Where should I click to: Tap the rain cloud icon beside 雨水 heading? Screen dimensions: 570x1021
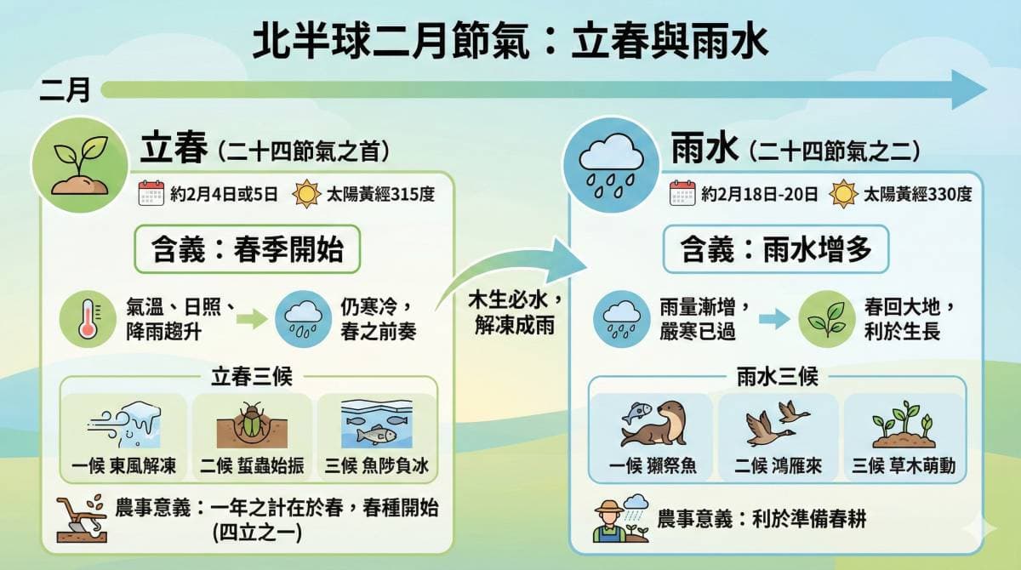[x=609, y=162]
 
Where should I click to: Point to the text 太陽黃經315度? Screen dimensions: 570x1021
[x=381, y=195]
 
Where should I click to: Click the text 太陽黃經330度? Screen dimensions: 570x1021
[x=917, y=195]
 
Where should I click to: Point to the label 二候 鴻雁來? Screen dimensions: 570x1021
[x=776, y=465]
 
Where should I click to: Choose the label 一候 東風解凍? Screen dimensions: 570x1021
[x=125, y=465]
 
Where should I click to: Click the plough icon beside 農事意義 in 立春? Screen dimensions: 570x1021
[x=81, y=517]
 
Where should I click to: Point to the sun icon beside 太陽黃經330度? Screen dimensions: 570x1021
[x=843, y=195]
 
